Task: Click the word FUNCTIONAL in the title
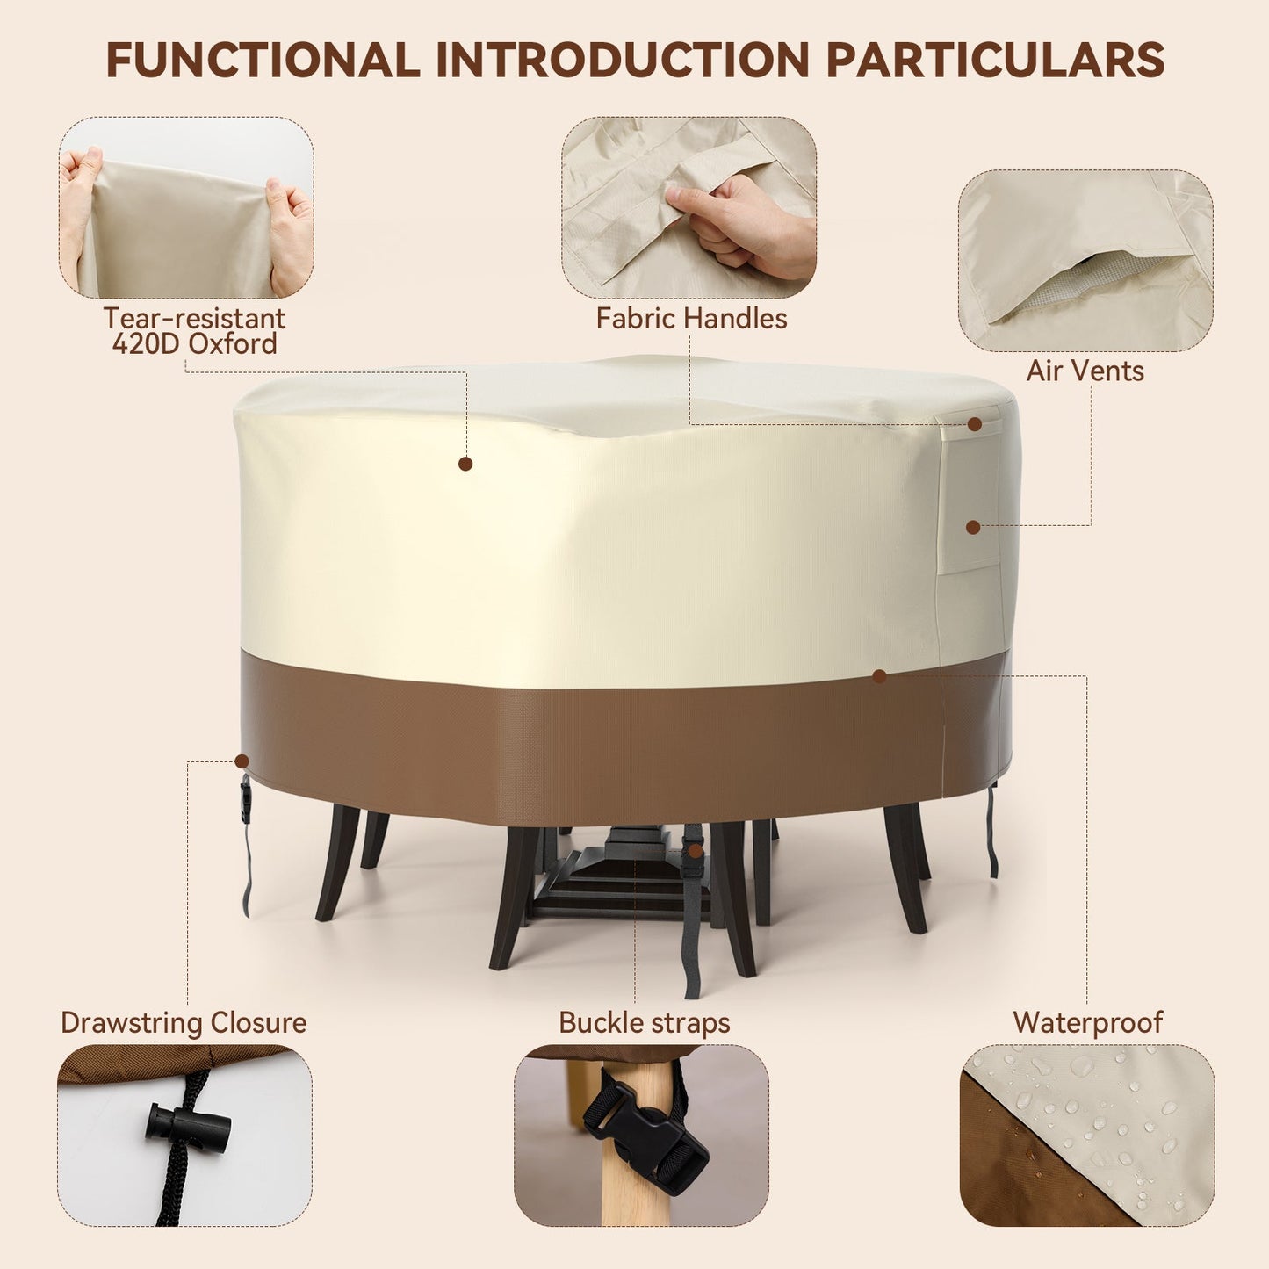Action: coord(263,60)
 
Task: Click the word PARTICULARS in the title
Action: coord(995,60)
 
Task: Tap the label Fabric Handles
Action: coord(691,318)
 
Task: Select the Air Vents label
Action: coord(1085,371)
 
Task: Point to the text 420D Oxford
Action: coord(194,344)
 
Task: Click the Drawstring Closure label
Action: coord(184,1022)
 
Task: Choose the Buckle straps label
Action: coord(644,1022)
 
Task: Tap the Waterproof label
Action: coord(1087,1022)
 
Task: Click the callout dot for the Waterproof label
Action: coord(879,675)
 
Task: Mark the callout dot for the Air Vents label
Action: coord(972,527)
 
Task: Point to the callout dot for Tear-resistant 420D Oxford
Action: coord(465,464)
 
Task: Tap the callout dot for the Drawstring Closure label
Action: coord(242,761)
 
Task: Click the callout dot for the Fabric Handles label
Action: coord(974,424)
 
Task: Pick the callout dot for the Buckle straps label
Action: coord(695,850)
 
